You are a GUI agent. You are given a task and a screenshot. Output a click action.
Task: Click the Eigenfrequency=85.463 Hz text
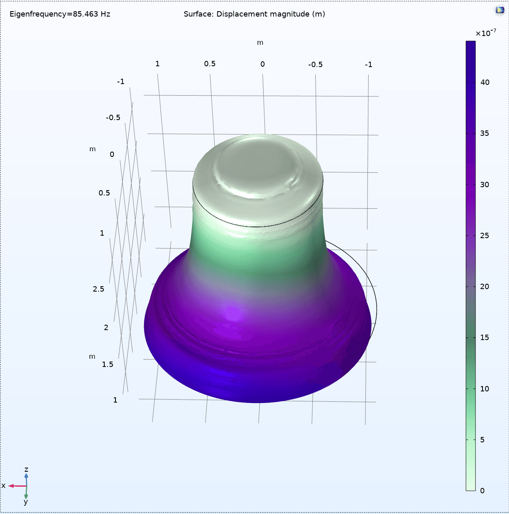point(60,14)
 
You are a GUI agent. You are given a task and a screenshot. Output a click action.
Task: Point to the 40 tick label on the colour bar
point(485,82)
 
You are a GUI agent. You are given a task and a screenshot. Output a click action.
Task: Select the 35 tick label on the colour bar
point(485,133)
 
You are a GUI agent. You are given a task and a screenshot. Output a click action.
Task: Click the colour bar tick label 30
point(485,185)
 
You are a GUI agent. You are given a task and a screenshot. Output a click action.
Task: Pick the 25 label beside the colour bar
point(485,236)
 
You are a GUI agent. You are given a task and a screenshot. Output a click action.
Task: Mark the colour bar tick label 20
point(485,287)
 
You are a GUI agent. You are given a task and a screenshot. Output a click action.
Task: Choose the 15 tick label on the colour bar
point(485,338)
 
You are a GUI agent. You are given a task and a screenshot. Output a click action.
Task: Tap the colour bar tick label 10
point(485,389)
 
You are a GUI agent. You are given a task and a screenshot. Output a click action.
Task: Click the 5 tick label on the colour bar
point(482,440)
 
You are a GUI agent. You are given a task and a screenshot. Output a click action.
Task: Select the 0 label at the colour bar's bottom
point(482,491)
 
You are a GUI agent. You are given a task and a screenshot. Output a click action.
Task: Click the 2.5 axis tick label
point(98,289)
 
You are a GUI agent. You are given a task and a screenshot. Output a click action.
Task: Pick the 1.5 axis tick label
point(108,364)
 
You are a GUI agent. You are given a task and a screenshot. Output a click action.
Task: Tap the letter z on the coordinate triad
point(26,470)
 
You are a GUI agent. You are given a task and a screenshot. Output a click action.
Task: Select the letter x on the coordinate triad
point(3,486)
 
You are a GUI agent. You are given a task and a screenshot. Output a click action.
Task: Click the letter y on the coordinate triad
point(26,502)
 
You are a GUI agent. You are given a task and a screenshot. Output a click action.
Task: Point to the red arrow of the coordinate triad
point(17,486)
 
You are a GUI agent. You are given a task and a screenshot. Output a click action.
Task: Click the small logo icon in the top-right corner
point(500,11)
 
